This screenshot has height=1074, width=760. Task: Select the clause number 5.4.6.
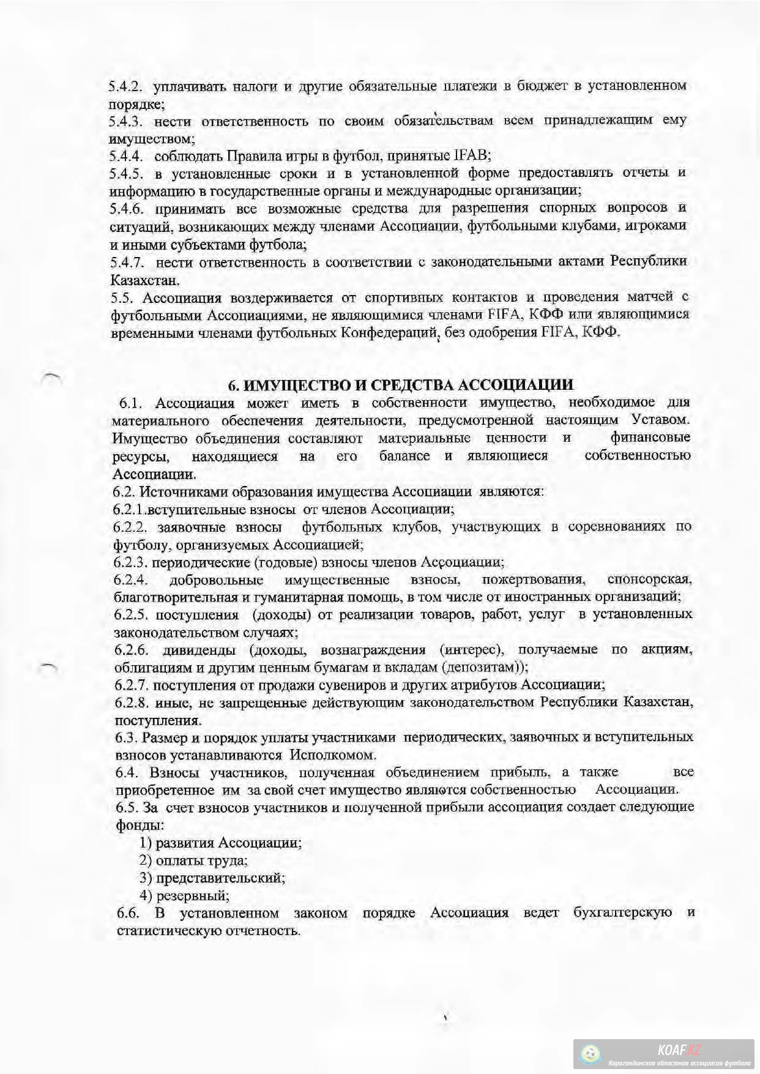coord(126,209)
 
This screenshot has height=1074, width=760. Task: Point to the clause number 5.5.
coord(122,298)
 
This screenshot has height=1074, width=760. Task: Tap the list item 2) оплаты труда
coord(193,860)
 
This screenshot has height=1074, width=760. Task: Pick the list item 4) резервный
coord(184,896)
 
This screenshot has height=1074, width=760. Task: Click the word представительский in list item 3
coord(220,878)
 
